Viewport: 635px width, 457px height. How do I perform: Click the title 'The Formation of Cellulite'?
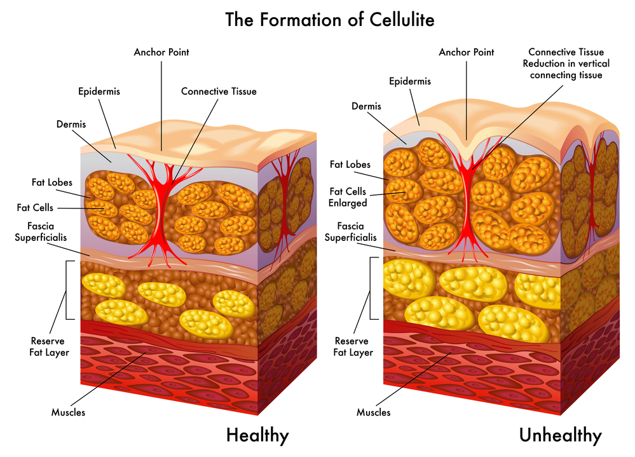(x=330, y=20)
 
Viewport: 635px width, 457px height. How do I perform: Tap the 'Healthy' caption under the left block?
(x=257, y=435)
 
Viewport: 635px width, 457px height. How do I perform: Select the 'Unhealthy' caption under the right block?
(x=559, y=435)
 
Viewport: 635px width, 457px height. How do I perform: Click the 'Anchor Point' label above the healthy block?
(x=161, y=52)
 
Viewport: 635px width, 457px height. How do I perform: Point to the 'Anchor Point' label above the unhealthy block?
(x=466, y=52)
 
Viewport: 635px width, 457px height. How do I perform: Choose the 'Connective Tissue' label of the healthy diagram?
(x=219, y=92)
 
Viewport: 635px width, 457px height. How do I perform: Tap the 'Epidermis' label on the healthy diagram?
(x=99, y=92)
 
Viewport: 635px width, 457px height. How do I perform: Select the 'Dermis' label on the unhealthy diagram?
(x=367, y=106)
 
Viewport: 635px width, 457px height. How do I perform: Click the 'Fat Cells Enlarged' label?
(x=348, y=197)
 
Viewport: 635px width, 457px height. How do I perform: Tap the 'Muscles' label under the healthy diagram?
(x=68, y=413)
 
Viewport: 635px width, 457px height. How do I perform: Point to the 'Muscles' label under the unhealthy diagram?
(x=373, y=413)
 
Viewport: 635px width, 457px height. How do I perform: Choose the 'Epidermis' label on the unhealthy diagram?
(x=409, y=81)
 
